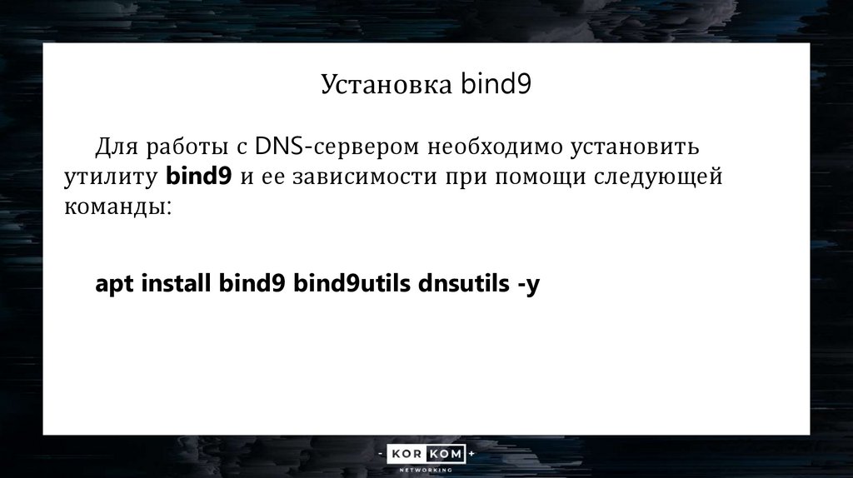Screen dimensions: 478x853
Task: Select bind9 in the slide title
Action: click(496, 85)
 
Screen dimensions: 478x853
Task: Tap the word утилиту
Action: click(111, 177)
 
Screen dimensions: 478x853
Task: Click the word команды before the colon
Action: click(114, 206)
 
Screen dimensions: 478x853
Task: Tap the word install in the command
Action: click(177, 283)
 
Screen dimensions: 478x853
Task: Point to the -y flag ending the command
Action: click(528, 285)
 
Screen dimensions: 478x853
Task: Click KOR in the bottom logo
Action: click(404, 455)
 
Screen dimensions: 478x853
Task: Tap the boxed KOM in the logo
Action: click(446, 455)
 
